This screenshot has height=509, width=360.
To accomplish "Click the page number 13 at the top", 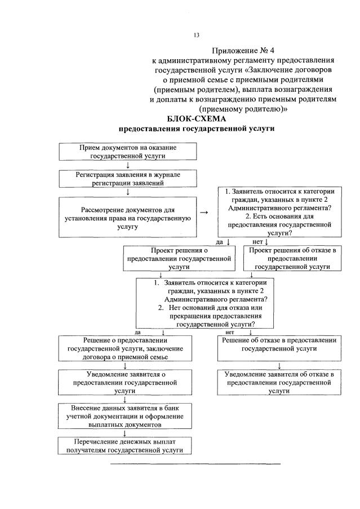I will point(197,35).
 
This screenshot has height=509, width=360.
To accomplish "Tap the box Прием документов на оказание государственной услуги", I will point(128,151).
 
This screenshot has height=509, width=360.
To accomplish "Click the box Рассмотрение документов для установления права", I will point(128,217).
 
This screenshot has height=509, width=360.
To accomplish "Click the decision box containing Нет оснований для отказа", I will point(210,304).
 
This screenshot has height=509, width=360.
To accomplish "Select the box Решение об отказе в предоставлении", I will point(279,344).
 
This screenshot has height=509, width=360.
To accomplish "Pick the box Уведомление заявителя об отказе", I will point(279,382).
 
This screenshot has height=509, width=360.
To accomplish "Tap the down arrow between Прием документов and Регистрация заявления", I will point(128,165).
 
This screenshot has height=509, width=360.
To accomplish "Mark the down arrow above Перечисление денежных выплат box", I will point(123,433).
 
